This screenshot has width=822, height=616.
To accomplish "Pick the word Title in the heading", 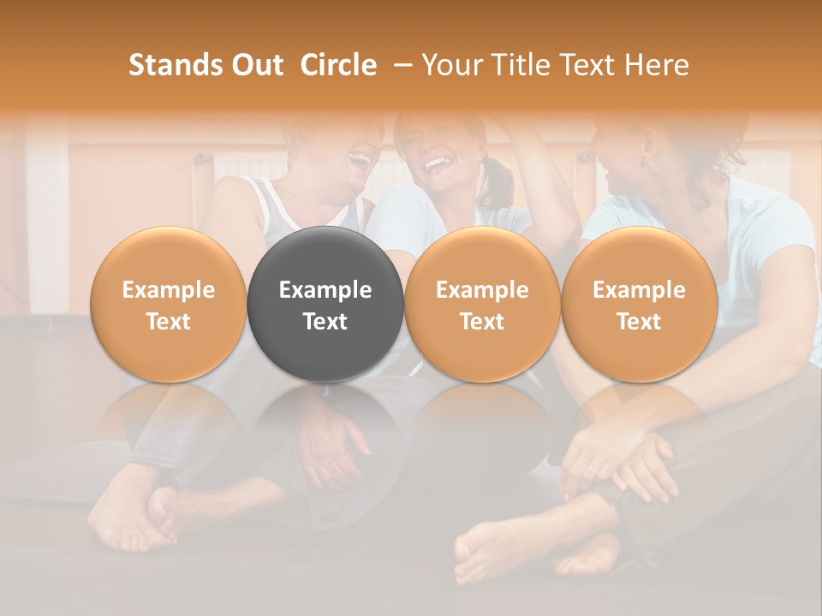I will pos(521,65).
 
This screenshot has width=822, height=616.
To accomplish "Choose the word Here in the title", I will pos(658,65).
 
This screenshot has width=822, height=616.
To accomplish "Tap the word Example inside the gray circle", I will pos(325,290).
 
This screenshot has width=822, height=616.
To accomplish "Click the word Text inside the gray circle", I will pos(325,322).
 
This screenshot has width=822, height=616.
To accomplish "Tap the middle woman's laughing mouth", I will pos(438,162).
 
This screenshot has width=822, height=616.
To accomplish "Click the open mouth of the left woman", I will pos(360,160).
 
